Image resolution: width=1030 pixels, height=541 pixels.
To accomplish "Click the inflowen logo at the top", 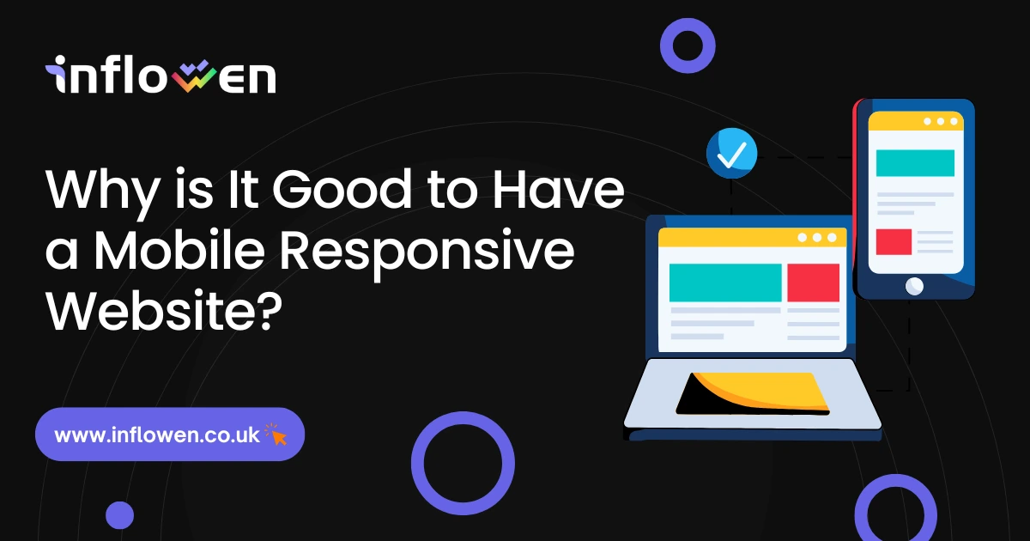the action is [161, 75].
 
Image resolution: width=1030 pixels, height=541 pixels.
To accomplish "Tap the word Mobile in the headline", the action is [179, 251].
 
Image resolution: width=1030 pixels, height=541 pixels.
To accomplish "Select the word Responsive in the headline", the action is [427, 254].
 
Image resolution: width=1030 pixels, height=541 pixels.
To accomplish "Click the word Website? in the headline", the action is [164, 310].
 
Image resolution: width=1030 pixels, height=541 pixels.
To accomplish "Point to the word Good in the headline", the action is [342, 189].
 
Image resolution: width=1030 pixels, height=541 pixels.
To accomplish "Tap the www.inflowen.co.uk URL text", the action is [157, 435].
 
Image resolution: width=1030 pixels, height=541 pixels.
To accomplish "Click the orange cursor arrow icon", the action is [276, 435].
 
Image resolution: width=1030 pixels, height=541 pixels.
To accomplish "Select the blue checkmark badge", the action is [732, 153].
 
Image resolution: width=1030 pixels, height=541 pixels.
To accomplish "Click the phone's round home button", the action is [914, 287].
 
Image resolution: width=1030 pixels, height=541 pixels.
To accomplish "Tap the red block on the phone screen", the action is [894, 242].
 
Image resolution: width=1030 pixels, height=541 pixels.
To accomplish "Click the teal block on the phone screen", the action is [915, 163].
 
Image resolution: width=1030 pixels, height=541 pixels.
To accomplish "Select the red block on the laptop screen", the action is [814, 283].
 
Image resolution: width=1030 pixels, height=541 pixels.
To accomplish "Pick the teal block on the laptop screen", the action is [725, 283].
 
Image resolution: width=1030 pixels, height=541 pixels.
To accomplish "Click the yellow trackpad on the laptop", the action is [754, 394].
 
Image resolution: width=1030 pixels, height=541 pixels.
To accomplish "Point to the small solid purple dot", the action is [119, 515].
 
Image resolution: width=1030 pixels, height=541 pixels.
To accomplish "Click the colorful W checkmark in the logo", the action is [195, 76].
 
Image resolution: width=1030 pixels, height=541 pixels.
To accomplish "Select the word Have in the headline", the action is [559, 189].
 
